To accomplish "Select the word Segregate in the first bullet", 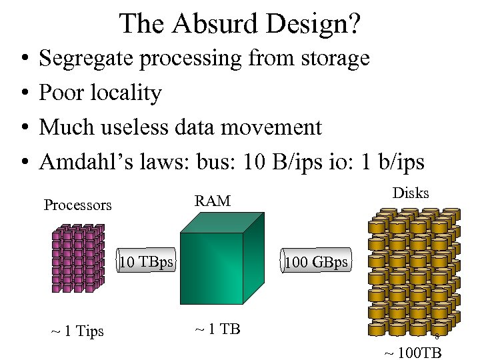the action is (x=87, y=59).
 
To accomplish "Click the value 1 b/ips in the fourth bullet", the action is (x=391, y=161).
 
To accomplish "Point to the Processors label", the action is (x=78, y=205).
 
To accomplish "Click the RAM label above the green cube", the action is (x=212, y=201).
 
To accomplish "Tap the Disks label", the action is (x=411, y=193).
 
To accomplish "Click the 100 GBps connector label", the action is (x=316, y=262).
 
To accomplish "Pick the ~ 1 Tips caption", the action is (x=77, y=331).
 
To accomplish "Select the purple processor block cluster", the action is (x=79, y=258).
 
